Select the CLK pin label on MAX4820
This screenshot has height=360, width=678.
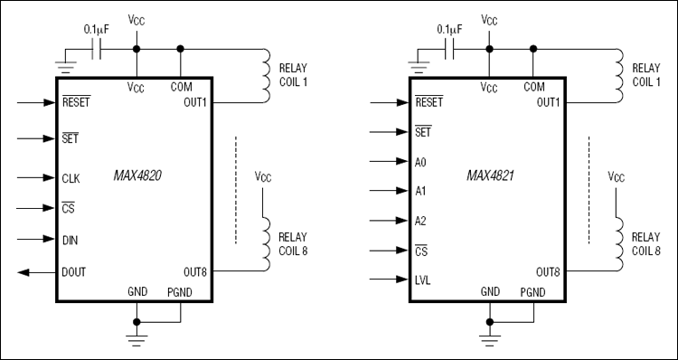(x=71, y=179)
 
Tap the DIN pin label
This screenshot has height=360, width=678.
(x=70, y=240)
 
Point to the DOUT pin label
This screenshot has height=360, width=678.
(x=74, y=271)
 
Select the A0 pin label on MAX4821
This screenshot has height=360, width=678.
(x=420, y=163)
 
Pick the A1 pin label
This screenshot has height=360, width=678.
(x=420, y=192)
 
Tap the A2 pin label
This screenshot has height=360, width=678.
(x=420, y=222)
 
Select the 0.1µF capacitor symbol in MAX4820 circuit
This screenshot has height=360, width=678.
(x=100, y=49)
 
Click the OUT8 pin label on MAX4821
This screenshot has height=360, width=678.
(x=548, y=271)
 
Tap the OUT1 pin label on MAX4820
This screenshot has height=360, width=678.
(x=194, y=101)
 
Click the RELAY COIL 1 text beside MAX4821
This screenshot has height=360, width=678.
(x=645, y=74)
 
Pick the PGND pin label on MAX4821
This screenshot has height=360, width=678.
(x=534, y=292)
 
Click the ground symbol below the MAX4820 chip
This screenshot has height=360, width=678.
(x=136, y=340)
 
